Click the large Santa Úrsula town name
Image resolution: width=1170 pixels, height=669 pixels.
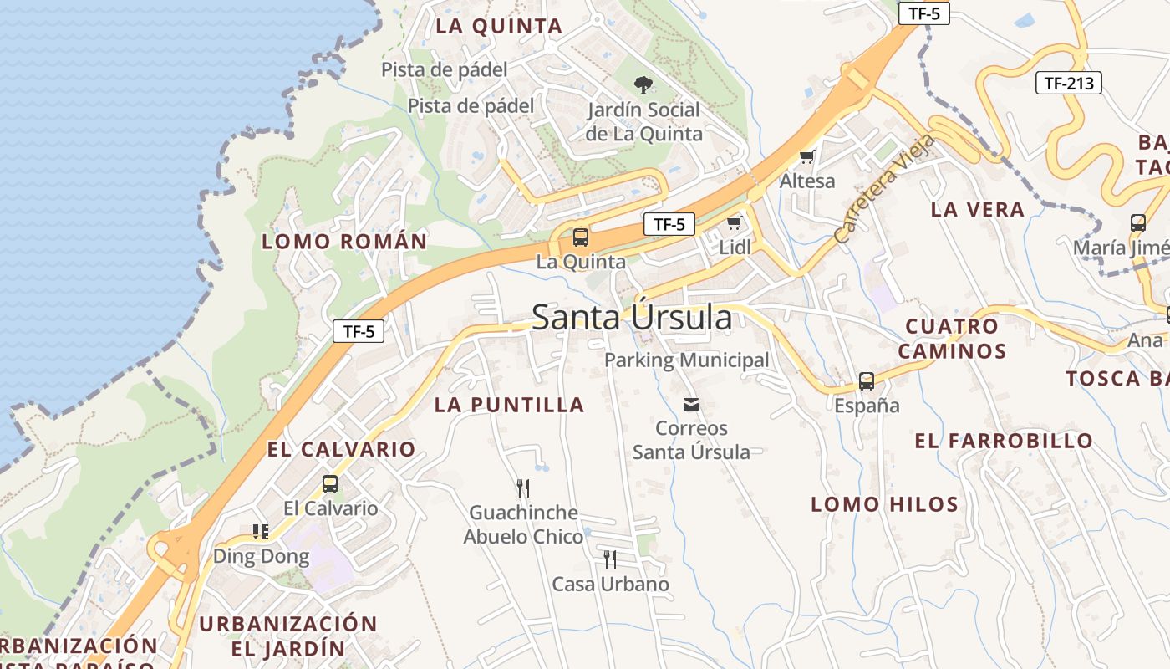(x=632, y=318)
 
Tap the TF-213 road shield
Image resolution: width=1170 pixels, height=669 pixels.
(x=1069, y=83)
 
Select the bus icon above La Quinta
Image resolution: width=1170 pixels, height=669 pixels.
(x=580, y=237)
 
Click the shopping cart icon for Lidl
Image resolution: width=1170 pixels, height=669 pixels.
(x=735, y=222)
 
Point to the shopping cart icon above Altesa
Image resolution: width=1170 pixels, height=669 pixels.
(x=807, y=156)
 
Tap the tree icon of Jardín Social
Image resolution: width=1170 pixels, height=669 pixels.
(x=643, y=84)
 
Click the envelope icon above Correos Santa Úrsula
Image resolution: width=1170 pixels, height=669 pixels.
(x=691, y=405)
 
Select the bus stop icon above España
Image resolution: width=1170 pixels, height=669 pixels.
(x=867, y=381)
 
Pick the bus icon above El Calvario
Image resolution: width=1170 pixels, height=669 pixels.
(x=330, y=483)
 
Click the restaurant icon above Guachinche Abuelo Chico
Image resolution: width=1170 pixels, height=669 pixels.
(x=523, y=488)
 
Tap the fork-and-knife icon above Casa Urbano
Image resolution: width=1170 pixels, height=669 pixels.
(x=610, y=559)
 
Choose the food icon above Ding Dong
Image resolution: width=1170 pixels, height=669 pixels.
(x=261, y=531)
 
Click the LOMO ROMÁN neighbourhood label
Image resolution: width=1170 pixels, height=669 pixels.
(x=344, y=243)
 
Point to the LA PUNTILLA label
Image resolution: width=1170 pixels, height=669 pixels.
(x=509, y=406)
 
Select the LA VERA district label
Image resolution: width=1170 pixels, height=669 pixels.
(x=977, y=210)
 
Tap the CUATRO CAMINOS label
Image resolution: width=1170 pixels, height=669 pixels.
(x=952, y=339)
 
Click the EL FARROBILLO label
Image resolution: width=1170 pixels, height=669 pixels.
(x=1004, y=441)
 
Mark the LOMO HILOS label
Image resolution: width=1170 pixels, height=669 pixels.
(x=884, y=504)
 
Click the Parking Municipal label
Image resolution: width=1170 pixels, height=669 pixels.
(x=686, y=360)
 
